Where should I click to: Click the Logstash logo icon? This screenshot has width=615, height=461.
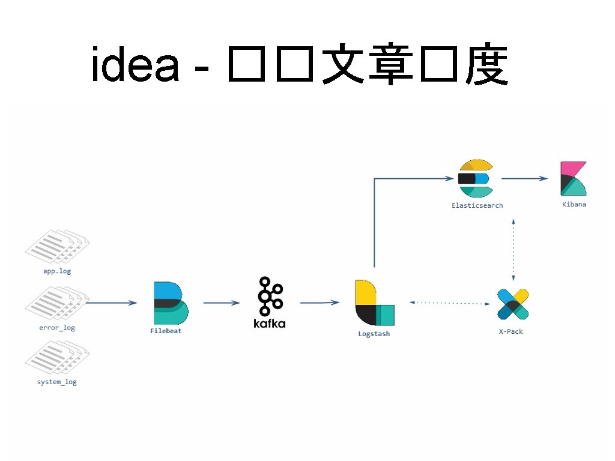point(374,303)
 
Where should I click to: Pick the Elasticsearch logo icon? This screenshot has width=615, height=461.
point(475,178)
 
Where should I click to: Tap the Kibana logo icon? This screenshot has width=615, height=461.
point(573,178)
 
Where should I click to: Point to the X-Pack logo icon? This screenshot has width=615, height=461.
point(513,304)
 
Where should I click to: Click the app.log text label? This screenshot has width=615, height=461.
point(57,271)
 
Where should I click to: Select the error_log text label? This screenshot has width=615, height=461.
point(57,328)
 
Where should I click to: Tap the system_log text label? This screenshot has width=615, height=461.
point(57,382)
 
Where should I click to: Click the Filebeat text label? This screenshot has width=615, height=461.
point(166,331)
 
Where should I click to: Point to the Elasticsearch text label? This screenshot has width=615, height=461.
point(477,205)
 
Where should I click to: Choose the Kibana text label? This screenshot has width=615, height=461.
point(574,205)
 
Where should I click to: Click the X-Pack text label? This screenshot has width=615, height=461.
point(511,331)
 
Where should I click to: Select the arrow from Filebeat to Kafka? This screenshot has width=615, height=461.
point(222,303)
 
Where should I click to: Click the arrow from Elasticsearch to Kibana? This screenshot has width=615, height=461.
point(524,178)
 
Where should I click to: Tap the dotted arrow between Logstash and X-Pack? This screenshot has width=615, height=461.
point(449,303)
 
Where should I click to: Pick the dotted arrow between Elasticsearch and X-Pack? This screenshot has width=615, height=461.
point(514,250)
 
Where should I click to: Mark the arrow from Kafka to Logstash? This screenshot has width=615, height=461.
point(320,303)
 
